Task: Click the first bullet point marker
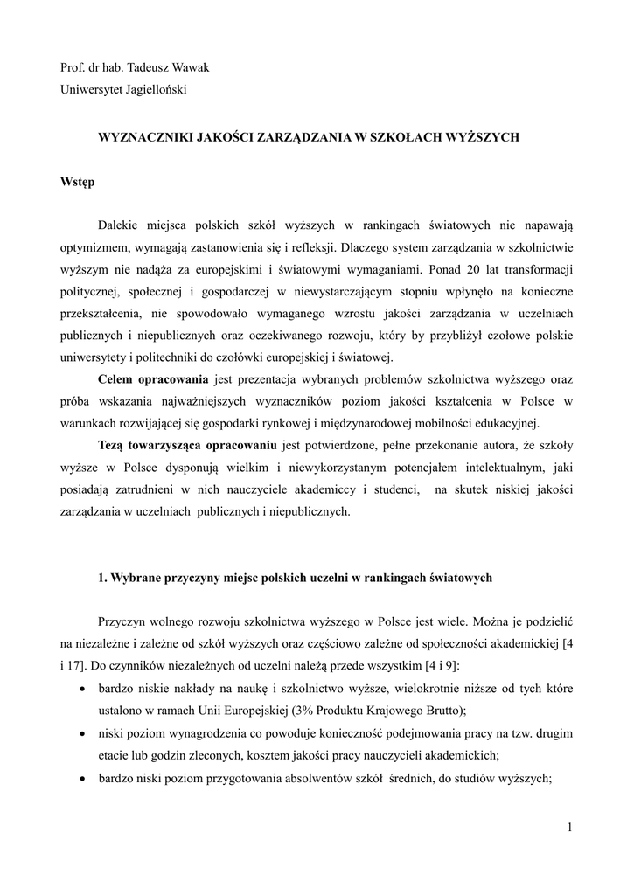82,689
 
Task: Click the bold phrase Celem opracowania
152,381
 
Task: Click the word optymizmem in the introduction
92,246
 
